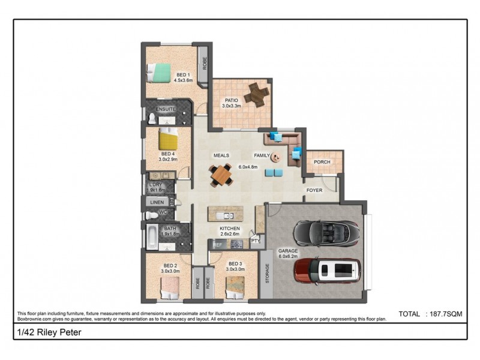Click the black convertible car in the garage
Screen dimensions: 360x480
(326, 234)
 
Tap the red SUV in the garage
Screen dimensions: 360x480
(328, 271)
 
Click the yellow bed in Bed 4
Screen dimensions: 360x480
(168, 140)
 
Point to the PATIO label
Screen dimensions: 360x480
(232, 100)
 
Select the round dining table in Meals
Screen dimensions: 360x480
(221, 175)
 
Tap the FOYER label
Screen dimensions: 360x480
(314, 190)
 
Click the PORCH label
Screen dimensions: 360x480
(322, 161)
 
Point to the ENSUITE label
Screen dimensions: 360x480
(166, 109)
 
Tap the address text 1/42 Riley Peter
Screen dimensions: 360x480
(41, 332)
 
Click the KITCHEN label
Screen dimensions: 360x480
(230, 229)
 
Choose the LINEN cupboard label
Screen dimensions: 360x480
(155, 203)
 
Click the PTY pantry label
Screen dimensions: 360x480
(256, 241)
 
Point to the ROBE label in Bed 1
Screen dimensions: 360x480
(204, 63)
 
